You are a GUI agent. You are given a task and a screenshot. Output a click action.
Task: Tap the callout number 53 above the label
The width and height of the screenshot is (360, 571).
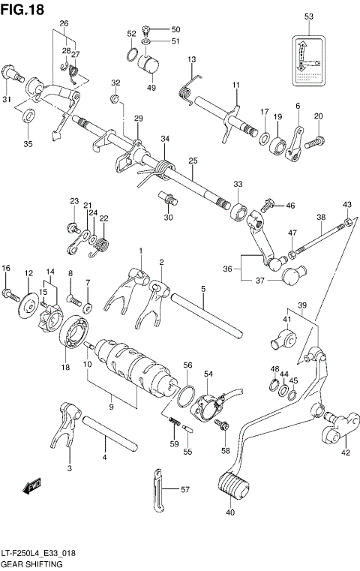pos(308,16)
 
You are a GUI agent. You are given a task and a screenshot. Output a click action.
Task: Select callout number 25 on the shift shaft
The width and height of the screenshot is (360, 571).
pos(192,161)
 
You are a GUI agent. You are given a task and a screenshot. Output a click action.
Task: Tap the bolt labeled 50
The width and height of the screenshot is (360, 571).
pos(148,29)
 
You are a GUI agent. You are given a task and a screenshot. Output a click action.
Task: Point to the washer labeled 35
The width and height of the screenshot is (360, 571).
pos(28,116)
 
